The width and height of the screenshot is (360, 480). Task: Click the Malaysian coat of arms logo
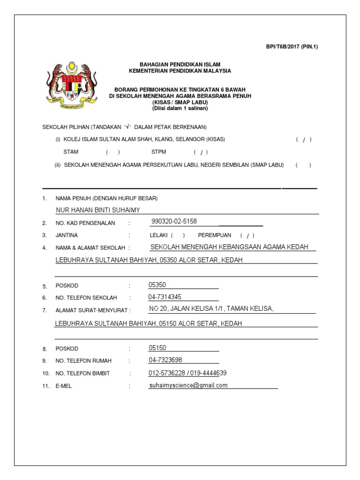tap(72, 83)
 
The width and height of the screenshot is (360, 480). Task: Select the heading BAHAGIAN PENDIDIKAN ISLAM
tap(180, 64)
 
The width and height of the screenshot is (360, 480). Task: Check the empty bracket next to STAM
tap(112, 152)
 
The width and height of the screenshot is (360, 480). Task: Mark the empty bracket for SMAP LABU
tap(303, 165)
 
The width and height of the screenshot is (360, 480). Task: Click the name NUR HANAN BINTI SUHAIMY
tap(98, 210)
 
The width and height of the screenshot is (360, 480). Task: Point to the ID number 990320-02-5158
tap(174, 221)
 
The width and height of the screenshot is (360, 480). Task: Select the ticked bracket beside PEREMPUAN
tap(247, 235)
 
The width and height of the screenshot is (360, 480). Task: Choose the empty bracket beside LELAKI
tap(178, 235)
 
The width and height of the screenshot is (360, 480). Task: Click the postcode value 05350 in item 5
tap(157, 285)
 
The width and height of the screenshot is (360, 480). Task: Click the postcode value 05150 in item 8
tap(157, 348)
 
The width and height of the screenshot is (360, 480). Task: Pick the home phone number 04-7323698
tap(165, 360)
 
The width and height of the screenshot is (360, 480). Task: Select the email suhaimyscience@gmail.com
tap(188, 385)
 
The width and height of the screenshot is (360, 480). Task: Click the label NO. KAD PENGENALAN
tap(85, 223)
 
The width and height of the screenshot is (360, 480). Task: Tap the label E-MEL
tap(64, 386)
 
